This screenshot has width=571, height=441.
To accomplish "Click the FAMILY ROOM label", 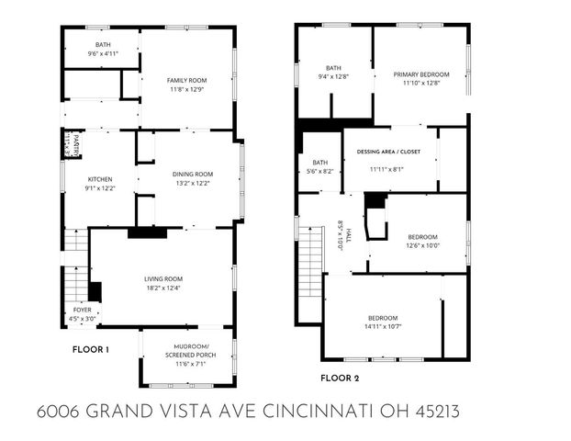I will point(185,81).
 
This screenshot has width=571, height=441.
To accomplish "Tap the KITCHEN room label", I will point(99,179).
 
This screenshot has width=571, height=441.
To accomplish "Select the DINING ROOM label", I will point(192,174).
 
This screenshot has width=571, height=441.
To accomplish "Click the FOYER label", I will point(83,310).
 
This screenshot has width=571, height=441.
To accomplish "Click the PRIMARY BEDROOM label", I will point(421,74).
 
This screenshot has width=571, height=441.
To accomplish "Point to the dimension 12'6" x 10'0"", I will point(422,245).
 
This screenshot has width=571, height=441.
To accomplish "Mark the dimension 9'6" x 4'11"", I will point(103,54).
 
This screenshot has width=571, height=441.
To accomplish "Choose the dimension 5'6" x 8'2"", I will point(319,171).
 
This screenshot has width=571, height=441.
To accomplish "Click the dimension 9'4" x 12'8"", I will point(334,78).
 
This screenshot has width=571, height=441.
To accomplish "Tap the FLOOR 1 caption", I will point(91,349).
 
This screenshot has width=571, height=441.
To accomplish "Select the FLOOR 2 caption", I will point(339,377).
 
